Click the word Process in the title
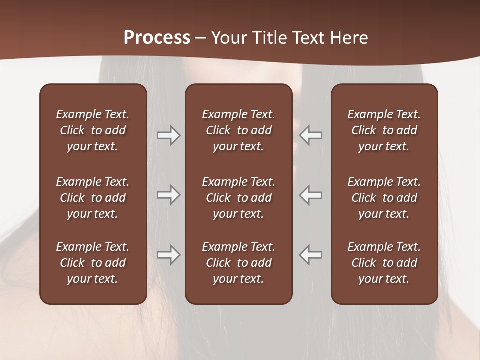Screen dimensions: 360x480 tap(157, 38)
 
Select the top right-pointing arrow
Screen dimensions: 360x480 tap(168, 135)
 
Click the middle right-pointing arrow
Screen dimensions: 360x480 tap(168, 195)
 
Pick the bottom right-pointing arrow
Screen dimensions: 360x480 tap(168, 255)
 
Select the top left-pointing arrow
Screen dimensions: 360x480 tap(311, 135)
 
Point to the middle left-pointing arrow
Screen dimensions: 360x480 tap(311, 195)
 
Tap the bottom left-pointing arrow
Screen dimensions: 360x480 tap(311, 255)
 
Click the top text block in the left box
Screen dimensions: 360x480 tap(93, 130)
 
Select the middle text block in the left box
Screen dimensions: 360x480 tap(93, 198)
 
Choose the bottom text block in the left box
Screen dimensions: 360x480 tap(93, 263)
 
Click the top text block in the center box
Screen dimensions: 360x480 tap(238, 130)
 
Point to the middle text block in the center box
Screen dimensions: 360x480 tap(238, 198)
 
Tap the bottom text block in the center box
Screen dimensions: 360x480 tap(238, 263)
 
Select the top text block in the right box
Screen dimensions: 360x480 tap(384, 130)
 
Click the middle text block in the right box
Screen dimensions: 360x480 tap(384, 198)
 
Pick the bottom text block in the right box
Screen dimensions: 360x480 tap(384, 263)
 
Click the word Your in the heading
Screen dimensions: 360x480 tap(229, 38)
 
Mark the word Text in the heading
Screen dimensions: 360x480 tap(307, 38)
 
